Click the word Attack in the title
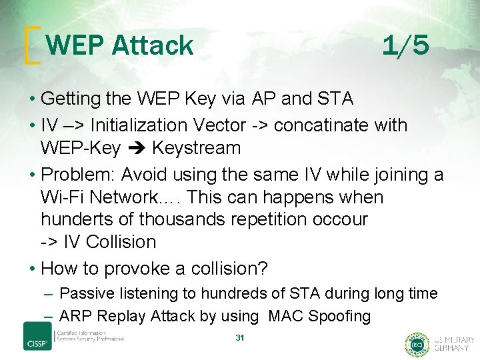coord(153,46)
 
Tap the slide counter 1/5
coord(405,46)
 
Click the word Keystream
coord(197,147)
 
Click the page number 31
coord(240,338)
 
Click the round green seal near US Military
coord(417,344)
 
